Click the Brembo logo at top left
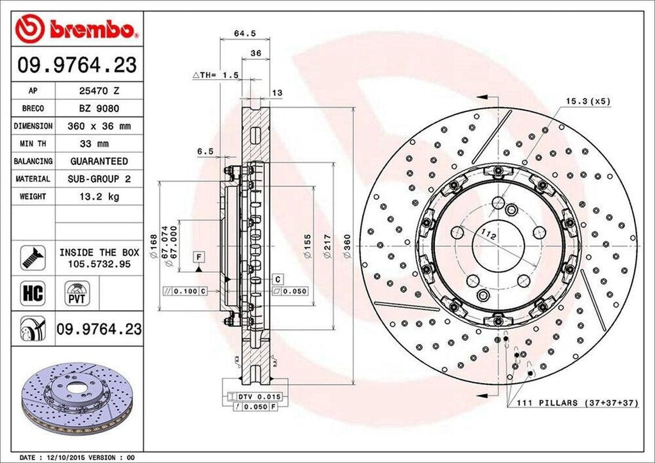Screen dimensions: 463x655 tap(77, 29)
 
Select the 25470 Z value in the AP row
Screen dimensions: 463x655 tap(99, 91)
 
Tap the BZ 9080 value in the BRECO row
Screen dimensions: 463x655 tap(99, 109)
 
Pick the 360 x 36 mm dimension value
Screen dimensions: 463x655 tap(99, 127)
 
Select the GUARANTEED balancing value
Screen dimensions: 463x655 tap(99, 161)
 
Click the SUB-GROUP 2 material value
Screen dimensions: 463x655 tap(99, 179)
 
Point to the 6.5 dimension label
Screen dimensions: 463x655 tap(205, 152)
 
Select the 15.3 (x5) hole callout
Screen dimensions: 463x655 tap(588, 101)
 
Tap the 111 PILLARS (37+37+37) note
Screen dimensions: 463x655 tap(572, 403)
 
